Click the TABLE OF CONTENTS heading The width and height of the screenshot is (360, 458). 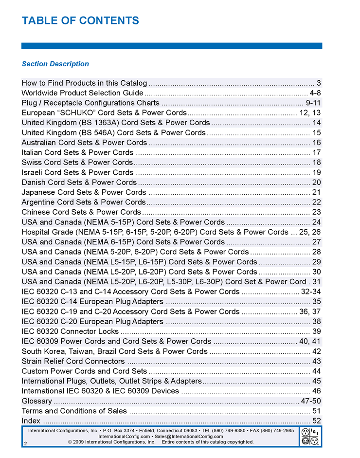80,20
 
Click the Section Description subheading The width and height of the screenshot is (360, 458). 55,64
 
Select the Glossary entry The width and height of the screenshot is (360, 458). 37,401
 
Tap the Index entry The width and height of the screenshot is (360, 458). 31,421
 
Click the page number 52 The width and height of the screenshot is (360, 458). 317,421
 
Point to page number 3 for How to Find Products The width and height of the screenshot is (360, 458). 319,83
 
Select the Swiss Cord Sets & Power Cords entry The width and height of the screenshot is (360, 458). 77,163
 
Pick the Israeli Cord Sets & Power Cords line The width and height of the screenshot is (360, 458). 77,172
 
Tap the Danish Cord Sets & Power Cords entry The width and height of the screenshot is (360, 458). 79,183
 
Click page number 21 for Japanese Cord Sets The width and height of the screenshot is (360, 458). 316,192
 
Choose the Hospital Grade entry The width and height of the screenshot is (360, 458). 155,232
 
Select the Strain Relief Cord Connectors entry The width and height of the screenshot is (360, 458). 73,361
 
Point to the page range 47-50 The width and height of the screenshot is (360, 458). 311,401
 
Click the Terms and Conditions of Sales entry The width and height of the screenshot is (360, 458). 74,411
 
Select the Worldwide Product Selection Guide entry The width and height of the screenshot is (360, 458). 82,93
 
